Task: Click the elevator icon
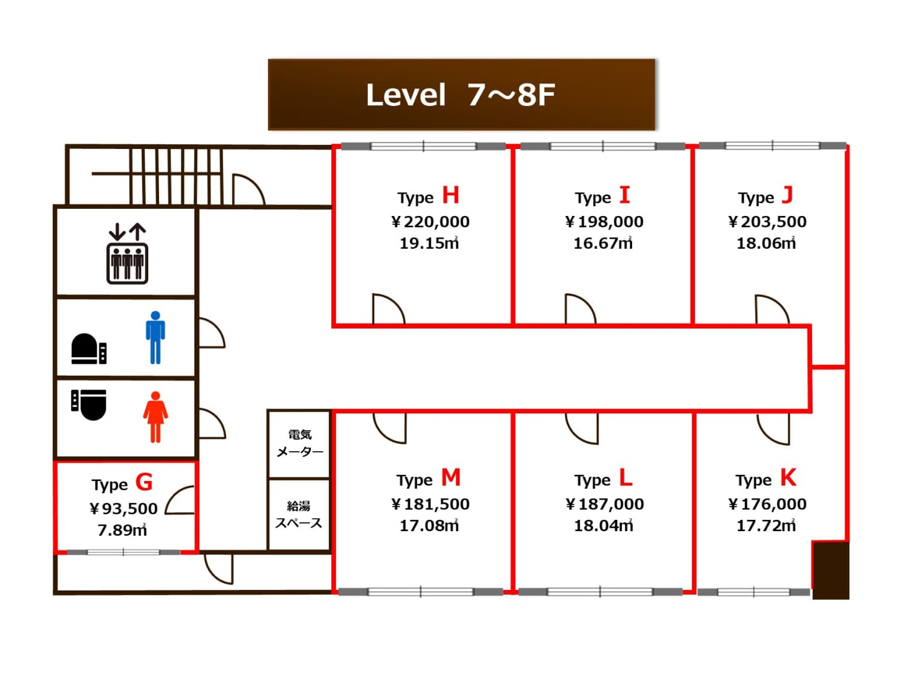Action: pos(127,254)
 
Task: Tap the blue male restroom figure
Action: pos(155,337)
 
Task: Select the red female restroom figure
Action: pos(155,417)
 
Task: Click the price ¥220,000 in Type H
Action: pos(431,222)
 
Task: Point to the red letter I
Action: pos(624,195)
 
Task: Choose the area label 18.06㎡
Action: pos(766,243)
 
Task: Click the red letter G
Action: pos(144,482)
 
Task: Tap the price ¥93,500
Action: pos(123,508)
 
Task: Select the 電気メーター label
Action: pos(300,443)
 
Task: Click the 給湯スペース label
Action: pos(298,514)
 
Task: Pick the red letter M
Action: pos(451,477)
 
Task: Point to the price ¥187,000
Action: pos(605,504)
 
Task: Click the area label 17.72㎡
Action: pos(766,526)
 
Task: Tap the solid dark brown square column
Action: pos(831,571)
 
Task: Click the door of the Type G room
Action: pos(179,500)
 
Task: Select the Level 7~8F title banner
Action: pos(462,95)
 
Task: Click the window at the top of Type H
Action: pos(423,146)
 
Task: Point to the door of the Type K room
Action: pos(773,430)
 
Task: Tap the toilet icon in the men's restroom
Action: pos(89,349)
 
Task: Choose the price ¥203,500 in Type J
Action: pos(767,222)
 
